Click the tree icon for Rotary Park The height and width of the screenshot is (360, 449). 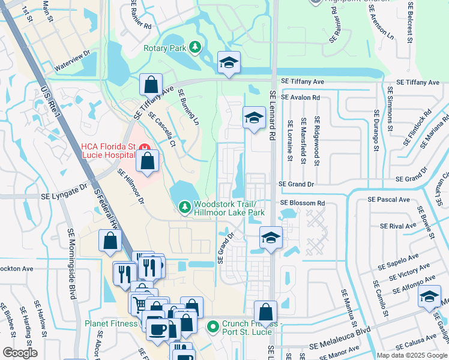194,47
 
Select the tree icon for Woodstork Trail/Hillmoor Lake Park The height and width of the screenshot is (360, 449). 185,207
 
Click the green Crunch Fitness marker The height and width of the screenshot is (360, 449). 212,327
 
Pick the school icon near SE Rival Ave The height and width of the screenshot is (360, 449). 271,237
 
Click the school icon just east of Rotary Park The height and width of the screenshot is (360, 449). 228,62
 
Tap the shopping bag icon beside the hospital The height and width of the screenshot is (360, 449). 147,160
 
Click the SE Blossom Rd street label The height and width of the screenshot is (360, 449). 302,203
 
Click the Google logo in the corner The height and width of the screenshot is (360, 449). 20,353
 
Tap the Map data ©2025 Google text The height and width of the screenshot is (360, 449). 411,355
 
